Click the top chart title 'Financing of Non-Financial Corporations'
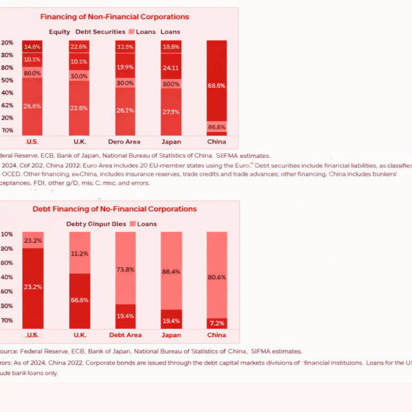click(x=115, y=16)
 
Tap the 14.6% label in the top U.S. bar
click(x=32, y=47)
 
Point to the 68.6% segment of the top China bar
click(x=217, y=85)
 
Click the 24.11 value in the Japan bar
click(x=170, y=68)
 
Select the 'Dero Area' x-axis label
click(x=124, y=141)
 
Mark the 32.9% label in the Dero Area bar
click(x=125, y=47)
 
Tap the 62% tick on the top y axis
click(x=7, y=106)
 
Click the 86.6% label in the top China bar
click(x=217, y=127)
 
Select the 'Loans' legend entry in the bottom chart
click(x=142, y=224)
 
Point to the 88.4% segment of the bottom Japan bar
click(x=170, y=271)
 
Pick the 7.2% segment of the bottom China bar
click(x=217, y=323)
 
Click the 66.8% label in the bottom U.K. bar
click(x=80, y=300)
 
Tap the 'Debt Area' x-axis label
click(x=124, y=335)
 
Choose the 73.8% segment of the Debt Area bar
click(x=125, y=270)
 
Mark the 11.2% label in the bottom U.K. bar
click(x=80, y=253)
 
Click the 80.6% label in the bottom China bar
click(x=217, y=277)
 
